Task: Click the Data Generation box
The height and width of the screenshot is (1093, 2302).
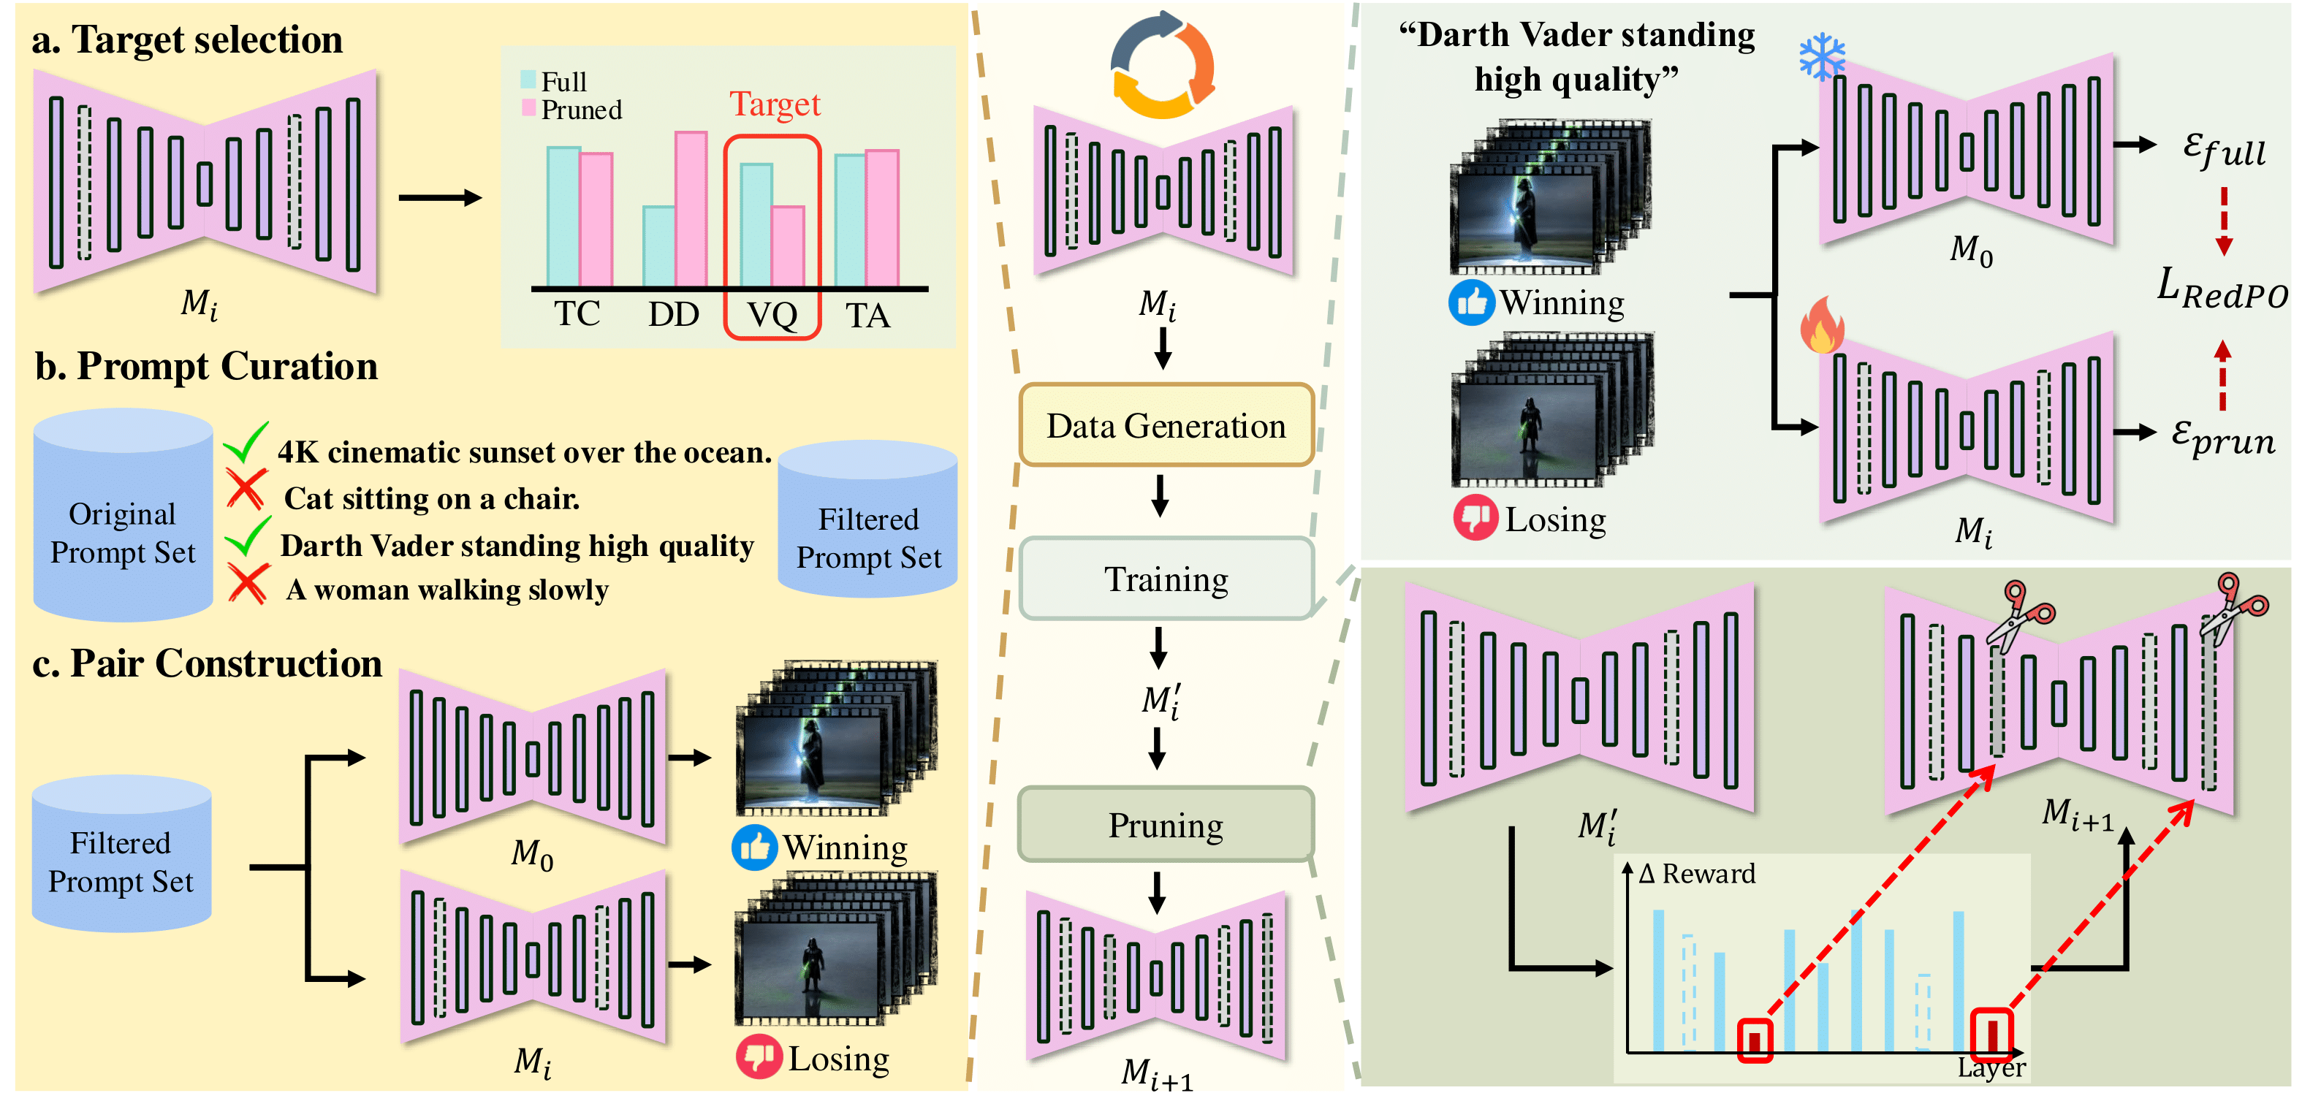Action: (1166, 425)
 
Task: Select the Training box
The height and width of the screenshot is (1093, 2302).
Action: (1166, 579)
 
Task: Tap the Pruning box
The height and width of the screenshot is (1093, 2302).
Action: (1166, 825)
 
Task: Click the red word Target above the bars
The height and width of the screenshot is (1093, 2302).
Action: (775, 104)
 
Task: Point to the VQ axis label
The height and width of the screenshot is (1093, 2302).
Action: (772, 315)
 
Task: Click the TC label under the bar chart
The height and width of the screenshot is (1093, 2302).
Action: (577, 313)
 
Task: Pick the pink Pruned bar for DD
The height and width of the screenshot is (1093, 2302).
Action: (691, 208)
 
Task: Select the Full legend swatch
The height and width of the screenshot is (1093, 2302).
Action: (528, 80)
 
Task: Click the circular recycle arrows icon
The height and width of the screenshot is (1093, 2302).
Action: (1162, 64)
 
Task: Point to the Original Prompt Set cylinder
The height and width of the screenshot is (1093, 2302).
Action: (123, 516)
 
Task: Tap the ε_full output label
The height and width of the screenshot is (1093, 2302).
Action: (2223, 148)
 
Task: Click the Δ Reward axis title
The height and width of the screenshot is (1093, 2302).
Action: (1696, 873)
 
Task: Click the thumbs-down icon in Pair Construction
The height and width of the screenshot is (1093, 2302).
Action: (758, 1056)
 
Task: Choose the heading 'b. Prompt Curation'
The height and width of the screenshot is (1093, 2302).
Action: (206, 367)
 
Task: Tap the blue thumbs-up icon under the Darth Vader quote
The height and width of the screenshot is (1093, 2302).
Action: (1471, 303)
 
